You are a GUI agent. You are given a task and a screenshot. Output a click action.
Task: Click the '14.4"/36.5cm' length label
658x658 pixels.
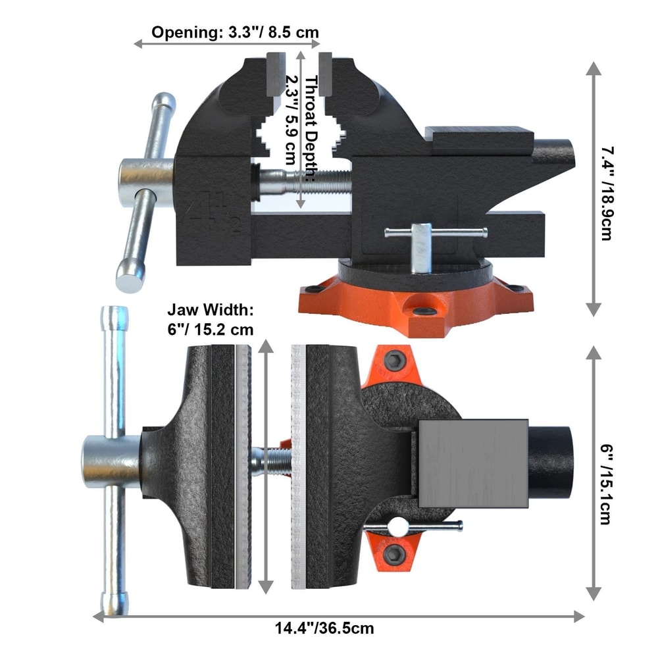click(325, 628)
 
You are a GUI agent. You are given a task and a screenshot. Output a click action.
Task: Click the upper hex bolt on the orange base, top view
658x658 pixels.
click(395, 359)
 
